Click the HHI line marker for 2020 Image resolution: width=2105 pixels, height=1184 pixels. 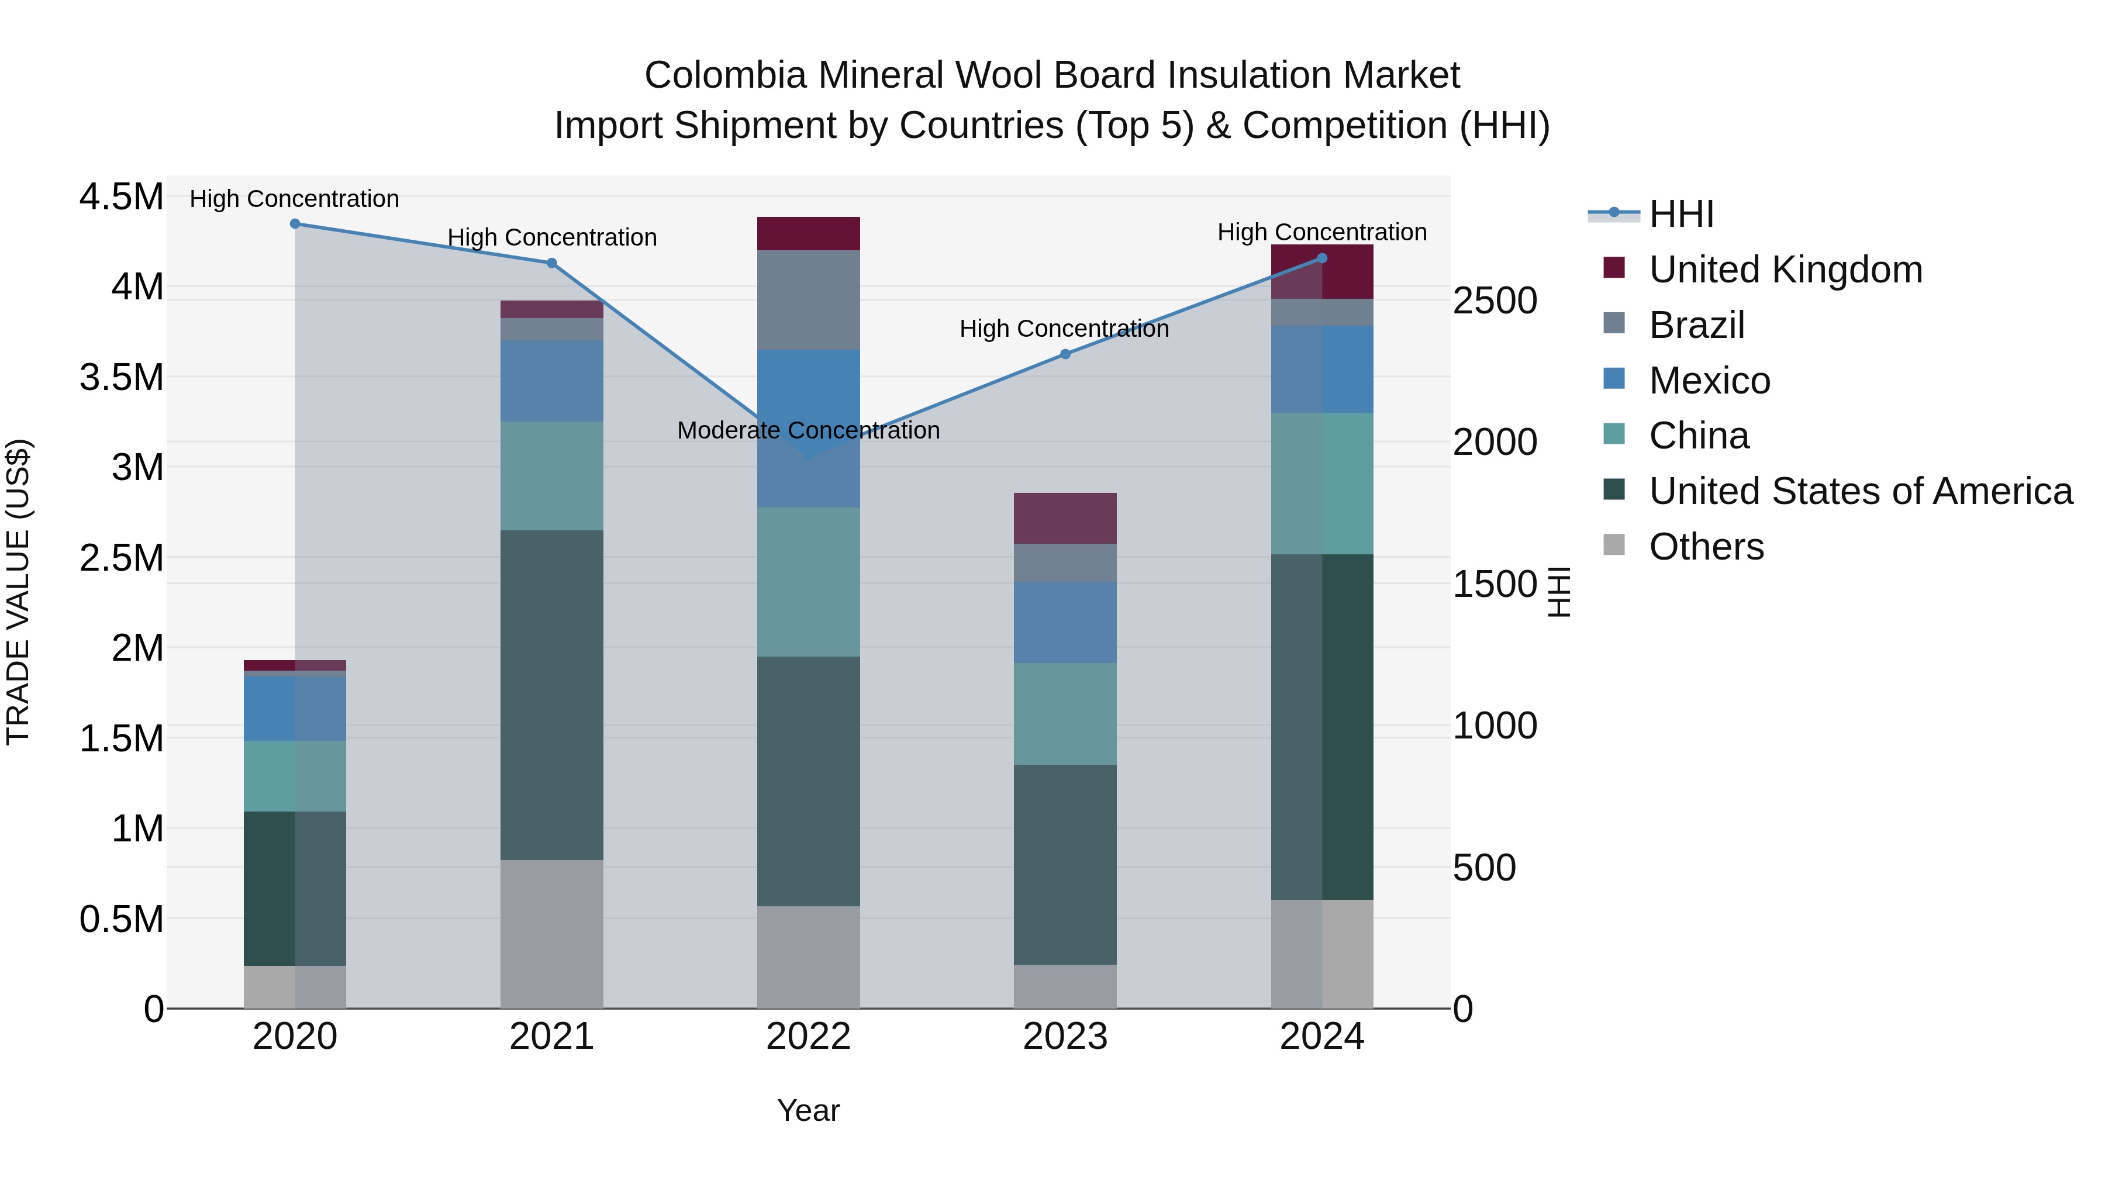pyautogui.click(x=295, y=223)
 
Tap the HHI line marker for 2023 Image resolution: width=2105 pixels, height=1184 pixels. pyautogui.click(x=1065, y=354)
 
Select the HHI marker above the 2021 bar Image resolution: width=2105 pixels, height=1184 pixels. pyautogui.click(x=551, y=263)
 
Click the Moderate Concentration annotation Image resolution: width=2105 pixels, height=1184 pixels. pyautogui.click(x=808, y=430)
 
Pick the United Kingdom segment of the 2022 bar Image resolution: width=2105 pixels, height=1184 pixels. pyautogui.click(x=808, y=234)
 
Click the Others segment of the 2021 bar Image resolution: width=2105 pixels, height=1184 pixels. pyautogui.click(x=551, y=933)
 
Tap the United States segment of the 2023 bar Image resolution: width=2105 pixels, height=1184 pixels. pyautogui.click(x=1065, y=865)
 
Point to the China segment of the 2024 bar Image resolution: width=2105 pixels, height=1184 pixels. pyautogui.click(x=1322, y=483)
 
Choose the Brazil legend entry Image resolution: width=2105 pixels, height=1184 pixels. pyautogui.click(x=1696, y=325)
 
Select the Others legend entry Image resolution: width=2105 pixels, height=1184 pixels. pyautogui.click(x=1706, y=547)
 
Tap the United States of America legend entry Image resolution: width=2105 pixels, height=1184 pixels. pyautogui.click(x=1860, y=491)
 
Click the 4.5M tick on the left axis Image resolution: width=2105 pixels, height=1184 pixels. pyautogui.click(x=121, y=197)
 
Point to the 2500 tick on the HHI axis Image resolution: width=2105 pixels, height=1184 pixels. pyautogui.click(x=1495, y=301)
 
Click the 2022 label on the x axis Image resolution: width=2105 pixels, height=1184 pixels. pyautogui.click(x=808, y=1037)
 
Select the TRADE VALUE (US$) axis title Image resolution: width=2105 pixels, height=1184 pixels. pyautogui.click(x=18, y=592)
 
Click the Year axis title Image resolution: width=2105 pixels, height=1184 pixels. pyautogui.click(x=808, y=1110)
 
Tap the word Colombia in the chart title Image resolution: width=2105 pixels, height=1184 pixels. pyautogui.click(x=725, y=75)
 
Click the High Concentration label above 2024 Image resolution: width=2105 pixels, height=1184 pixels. pyautogui.click(x=1321, y=232)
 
